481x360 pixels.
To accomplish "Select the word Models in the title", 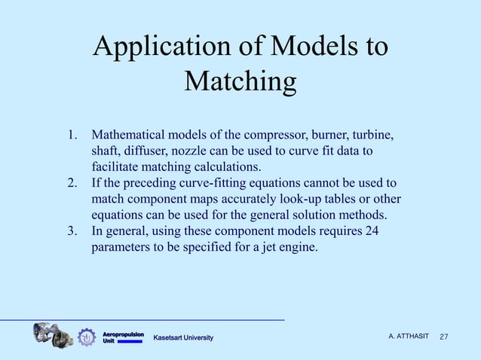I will pos(310,47).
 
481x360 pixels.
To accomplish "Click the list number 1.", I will pos(72,136).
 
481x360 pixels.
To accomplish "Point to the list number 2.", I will pos(72,183).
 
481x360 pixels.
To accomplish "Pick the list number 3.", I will pos(72,230).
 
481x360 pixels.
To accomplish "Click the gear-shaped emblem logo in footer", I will pos(87,337).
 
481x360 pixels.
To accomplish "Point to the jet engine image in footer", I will pos(52,334).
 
